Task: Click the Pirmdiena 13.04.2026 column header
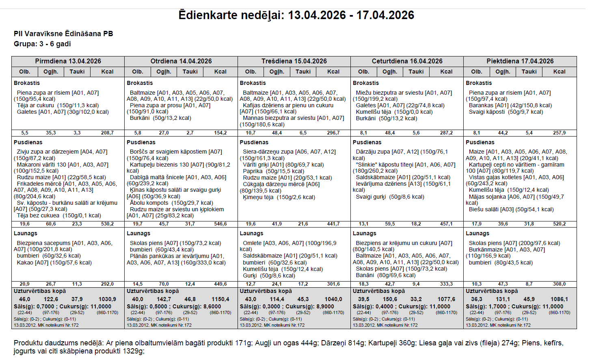pyautogui.click(x=68, y=61)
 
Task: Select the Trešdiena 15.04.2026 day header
pyautogui.click(x=294, y=61)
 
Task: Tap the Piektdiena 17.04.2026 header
pyautogui.click(x=520, y=61)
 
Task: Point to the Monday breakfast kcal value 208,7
pyautogui.click(x=107, y=133)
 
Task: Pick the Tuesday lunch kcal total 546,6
pyautogui.click(x=220, y=224)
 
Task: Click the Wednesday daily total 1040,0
pyautogui.click(x=333, y=299)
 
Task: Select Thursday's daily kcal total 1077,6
pyautogui.click(x=446, y=299)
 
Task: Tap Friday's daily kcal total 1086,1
pyautogui.click(x=559, y=299)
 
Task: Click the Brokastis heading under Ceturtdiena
pyautogui.click(x=365, y=83)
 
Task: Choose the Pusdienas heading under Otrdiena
pyautogui.click(x=141, y=142)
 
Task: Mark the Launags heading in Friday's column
pyautogui.click(x=477, y=233)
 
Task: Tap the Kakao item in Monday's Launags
pyautogui.click(x=25, y=262)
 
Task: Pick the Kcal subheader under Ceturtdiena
pyautogui.click(x=446, y=72)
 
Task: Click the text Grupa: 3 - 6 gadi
pyautogui.click(x=42, y=44)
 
